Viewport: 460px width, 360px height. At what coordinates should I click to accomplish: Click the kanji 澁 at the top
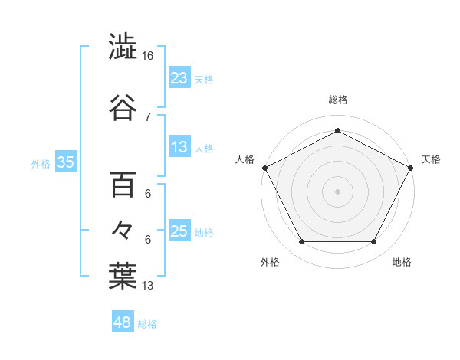123,47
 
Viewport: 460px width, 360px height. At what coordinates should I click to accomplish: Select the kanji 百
123,185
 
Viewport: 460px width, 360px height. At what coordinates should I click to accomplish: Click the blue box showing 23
179,78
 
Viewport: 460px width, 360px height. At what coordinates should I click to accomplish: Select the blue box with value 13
179,148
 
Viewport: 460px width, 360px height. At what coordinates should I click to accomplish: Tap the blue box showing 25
179,231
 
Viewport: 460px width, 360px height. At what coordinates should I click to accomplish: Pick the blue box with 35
65,162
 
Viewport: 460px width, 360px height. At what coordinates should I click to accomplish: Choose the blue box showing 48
123,322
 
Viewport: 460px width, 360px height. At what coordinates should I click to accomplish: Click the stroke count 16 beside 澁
148,57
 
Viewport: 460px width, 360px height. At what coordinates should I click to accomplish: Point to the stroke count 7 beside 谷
147,116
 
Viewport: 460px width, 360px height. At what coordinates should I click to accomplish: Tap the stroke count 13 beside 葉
148,286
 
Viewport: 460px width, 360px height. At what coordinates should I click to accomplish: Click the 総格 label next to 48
147,324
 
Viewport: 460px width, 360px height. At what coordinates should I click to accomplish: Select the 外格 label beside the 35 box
41,163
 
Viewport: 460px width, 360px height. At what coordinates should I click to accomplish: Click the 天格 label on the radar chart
431,159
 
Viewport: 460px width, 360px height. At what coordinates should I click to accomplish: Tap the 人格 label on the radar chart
245,159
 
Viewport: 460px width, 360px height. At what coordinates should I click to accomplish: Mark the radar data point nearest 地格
374,242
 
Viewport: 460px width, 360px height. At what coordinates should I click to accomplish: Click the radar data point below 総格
337,130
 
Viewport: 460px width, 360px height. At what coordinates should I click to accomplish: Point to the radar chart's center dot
337,191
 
